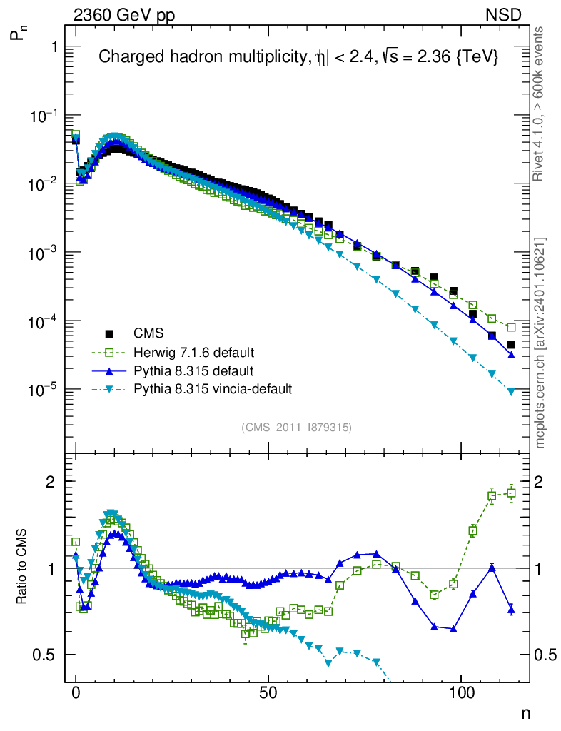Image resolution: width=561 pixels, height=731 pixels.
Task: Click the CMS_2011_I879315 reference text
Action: pyautogui.click(x=297, y=427)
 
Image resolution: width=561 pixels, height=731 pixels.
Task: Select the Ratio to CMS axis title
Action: pyautogui.click(x=21, y=568)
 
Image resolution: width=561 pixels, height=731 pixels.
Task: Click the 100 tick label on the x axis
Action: pyautogui.click(x=462, y=693)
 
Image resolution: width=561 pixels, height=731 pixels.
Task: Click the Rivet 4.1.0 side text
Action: pyautogui.click(x=540, y=104)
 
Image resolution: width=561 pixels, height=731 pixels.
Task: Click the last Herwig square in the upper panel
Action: pyautogui.click(x=511, y=328)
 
